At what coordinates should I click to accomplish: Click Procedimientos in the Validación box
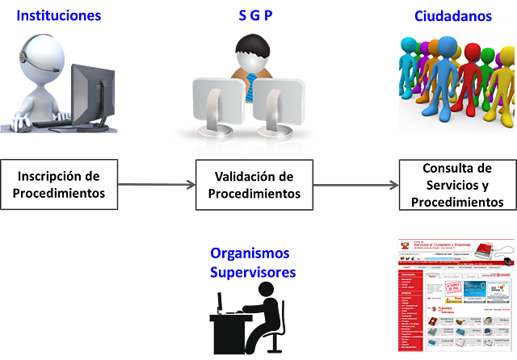point(254,194)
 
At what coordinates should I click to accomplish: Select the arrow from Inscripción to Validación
point(158,185)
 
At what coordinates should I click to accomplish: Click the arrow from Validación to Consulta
point(355,185)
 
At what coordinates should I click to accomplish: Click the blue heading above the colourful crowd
point(452,14)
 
